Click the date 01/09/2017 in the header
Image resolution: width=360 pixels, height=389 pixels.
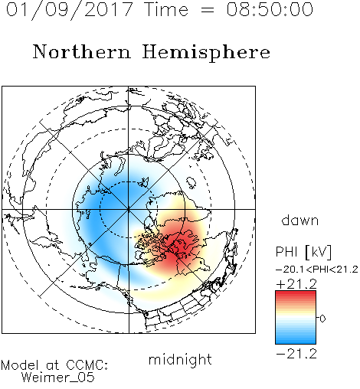pos(69,10)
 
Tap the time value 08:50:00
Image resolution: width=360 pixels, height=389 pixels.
pos(270,9)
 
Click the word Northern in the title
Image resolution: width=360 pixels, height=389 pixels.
pos(82,51)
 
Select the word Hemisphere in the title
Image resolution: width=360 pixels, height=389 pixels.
pos(206,53)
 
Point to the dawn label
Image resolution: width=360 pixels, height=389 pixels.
pos(300,221)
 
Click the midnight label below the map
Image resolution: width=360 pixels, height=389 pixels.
pos(180,359)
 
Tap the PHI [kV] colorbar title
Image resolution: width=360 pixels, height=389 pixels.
pos(303,252)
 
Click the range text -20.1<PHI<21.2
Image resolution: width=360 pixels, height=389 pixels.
pos(317,270)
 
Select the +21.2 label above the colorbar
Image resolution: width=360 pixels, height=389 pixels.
pos(296,284)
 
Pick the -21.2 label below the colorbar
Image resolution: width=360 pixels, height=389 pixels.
pos(296,354)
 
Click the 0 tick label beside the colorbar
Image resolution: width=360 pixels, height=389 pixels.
pos(322,319)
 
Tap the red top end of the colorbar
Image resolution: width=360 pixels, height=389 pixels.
pos(296,293)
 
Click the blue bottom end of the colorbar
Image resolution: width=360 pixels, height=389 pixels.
pos(296,342)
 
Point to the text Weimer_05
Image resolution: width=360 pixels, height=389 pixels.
pos(57,378)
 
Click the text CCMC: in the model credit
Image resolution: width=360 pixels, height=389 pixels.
pos(87,365)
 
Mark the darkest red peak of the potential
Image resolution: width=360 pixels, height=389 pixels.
pos(178,247)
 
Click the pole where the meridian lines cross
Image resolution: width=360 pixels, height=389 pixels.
pos(128,209)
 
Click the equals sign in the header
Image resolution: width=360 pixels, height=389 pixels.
pos(207,10)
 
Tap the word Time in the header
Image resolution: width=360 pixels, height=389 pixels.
pos(166,9)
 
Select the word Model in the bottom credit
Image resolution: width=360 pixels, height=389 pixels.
pos(20,365)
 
